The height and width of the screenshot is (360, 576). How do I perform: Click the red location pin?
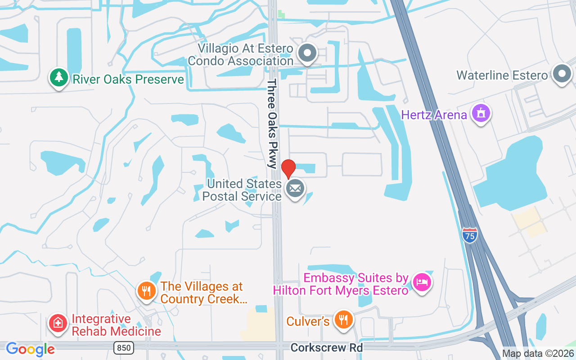(x=288, y=168)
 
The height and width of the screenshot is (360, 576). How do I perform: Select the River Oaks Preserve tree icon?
(x=58, y=77)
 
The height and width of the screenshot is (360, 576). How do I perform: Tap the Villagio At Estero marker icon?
(x=308, y=53)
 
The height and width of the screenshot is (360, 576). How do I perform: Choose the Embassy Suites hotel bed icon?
(x=422, y=283)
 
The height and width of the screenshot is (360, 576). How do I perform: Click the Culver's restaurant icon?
(x=344, y=319)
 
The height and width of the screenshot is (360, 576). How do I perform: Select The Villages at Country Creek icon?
(x=146, y=291)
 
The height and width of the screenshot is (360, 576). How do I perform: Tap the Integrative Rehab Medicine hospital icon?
(x=58, y=323)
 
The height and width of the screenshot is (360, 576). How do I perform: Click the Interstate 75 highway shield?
(x=469, y=235)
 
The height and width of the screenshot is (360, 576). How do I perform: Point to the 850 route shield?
(x=123, y=347)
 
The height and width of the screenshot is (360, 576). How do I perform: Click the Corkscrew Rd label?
(x=326, y=347)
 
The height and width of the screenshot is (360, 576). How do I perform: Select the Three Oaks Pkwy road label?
(x=272, y=124)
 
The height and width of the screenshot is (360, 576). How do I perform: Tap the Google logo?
(x=30, y=349)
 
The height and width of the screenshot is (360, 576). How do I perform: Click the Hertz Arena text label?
(x=434, y=115)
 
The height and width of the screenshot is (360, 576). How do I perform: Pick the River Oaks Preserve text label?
(x=128, y=80)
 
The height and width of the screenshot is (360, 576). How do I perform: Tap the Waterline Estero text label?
(x=502, y=75)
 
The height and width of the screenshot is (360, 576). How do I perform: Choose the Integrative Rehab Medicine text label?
(x=116, y=325)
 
